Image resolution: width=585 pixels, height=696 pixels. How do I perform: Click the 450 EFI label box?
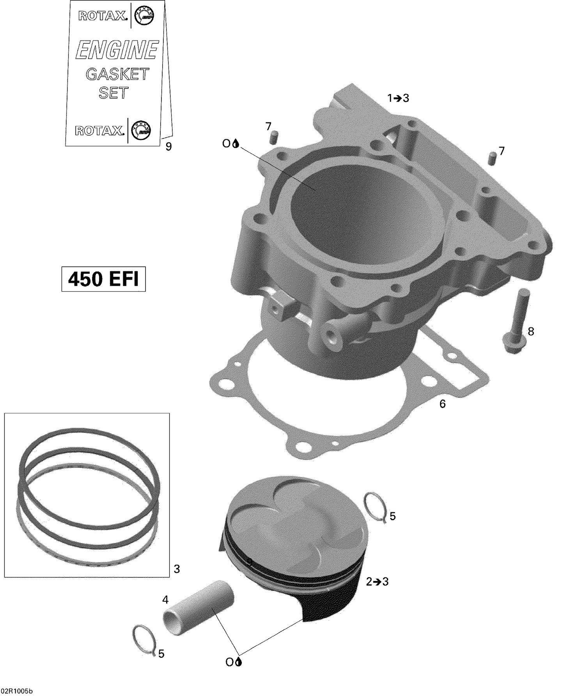coord(103,279)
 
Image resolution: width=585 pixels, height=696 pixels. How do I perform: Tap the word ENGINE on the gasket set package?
coord(117,50)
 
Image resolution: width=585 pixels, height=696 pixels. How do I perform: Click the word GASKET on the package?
coord(117,74)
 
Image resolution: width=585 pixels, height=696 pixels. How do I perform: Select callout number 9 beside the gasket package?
coord(168,147)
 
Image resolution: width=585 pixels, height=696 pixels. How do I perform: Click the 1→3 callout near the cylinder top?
coord(398,98)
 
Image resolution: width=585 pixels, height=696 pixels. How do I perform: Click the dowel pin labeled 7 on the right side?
coord(492,159)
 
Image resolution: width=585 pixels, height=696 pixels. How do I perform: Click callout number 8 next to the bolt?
coord(531,331)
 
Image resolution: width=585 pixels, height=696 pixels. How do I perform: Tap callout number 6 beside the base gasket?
coord(442,404)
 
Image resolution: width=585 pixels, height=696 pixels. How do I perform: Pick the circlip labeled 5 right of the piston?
coord(376,507)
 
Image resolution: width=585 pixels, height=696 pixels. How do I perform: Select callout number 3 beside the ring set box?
coord(177,569)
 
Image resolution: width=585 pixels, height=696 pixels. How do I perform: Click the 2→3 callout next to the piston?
coord(377,582)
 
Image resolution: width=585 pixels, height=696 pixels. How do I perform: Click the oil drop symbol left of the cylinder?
coord(235,144)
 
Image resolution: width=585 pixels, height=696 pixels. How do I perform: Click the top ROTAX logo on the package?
coord(103,16)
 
